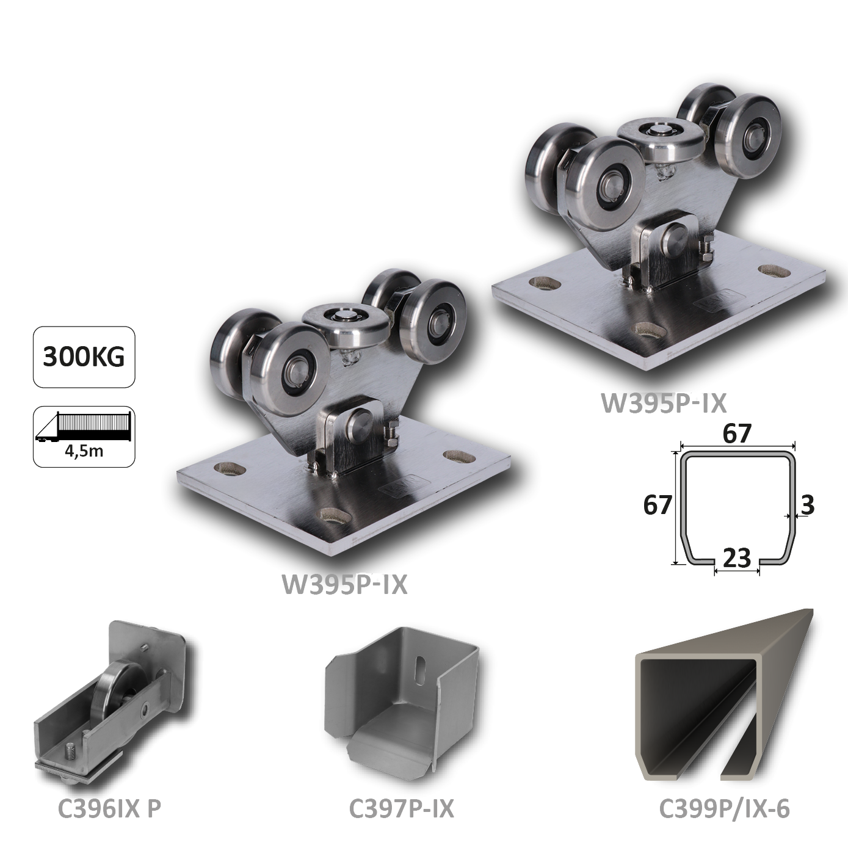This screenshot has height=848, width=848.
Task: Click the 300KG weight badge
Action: [x=84, y=357]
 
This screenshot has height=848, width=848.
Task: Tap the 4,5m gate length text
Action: [x=84, y=451]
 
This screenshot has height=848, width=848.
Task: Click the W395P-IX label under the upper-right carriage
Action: [x=664, y=403]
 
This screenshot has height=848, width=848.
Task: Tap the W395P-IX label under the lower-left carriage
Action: [x=344, y=584]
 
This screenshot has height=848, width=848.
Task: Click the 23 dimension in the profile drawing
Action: [x=737, y=557]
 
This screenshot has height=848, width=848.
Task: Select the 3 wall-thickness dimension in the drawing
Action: [x=807, y=505]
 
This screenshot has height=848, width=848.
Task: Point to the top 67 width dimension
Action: [x=737, y=433]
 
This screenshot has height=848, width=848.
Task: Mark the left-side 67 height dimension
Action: [x=658, y=505]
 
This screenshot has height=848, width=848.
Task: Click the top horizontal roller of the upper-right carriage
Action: [x=661, y=138]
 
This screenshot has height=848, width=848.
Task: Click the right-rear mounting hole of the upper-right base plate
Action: [x=773, y=270]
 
